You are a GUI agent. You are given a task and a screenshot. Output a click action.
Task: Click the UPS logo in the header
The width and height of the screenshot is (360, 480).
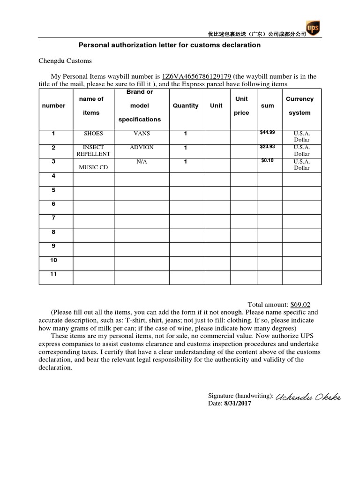coord(313,29)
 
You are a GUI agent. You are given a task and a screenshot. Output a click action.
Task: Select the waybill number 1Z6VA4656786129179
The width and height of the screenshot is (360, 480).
coord(196,76)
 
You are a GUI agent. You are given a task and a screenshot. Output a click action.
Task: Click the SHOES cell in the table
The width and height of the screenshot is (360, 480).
coord(93,134)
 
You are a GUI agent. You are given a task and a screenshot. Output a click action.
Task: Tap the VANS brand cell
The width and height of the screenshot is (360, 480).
coord(142,134)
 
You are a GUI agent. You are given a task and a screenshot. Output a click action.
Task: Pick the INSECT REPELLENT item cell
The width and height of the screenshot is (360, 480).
coord(93,150)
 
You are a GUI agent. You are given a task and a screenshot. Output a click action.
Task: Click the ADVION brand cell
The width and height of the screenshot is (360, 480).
coord(142,147)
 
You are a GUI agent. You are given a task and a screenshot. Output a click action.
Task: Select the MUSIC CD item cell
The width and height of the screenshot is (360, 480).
coord(93,167)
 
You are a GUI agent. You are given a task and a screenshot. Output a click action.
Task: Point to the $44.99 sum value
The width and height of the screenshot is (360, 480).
coord(268,133)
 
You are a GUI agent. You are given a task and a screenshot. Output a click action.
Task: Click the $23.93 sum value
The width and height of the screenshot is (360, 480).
coord(268,147)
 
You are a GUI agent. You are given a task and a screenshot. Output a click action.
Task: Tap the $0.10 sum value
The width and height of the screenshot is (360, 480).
coord(268,161)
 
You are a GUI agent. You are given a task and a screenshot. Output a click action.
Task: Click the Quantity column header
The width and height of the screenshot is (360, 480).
coord(186,106)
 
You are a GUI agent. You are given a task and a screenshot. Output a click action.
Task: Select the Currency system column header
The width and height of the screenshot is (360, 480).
coord(300,106)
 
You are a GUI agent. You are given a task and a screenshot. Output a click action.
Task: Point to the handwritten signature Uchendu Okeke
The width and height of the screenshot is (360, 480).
coord(308,397)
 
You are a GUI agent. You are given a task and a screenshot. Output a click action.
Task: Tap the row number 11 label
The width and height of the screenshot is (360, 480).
coord(53,274)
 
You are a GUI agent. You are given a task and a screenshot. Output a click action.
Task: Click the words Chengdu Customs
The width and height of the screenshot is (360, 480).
coord(65,61)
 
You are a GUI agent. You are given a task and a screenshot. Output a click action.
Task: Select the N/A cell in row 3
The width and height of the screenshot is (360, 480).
coord(142,162)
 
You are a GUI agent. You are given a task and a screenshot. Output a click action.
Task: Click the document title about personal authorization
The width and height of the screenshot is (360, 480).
coord(169,45)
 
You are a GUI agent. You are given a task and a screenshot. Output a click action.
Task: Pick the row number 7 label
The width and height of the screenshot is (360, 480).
coord(53,218)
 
